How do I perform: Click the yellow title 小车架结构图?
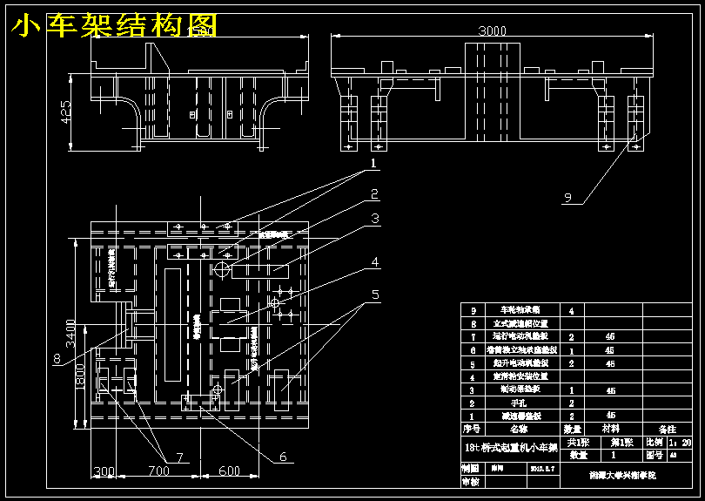pyautogui.click(x=113, y=26)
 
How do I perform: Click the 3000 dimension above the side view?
pyautogui.click(x=492, y=31)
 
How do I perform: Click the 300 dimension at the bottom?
pyautogui.click(x=104, y=471)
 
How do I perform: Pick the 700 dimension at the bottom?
pyautogui.click(x=158, y=471)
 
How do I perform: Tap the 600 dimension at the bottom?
pyautogui.click(x=229, y=471)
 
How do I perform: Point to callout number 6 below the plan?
pyautogui.click(x=283, y=455)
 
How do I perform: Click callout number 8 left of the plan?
pyautogui.click(x=57, y=357)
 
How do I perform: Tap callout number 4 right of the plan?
pyautogui.click(x=375, y=261)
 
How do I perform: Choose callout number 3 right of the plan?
pyautogui.click(x=375, y=218)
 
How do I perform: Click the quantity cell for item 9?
pyautogui.click(x=571, y=310)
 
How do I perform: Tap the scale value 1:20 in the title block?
pyautogui.click(x=680, y=443)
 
